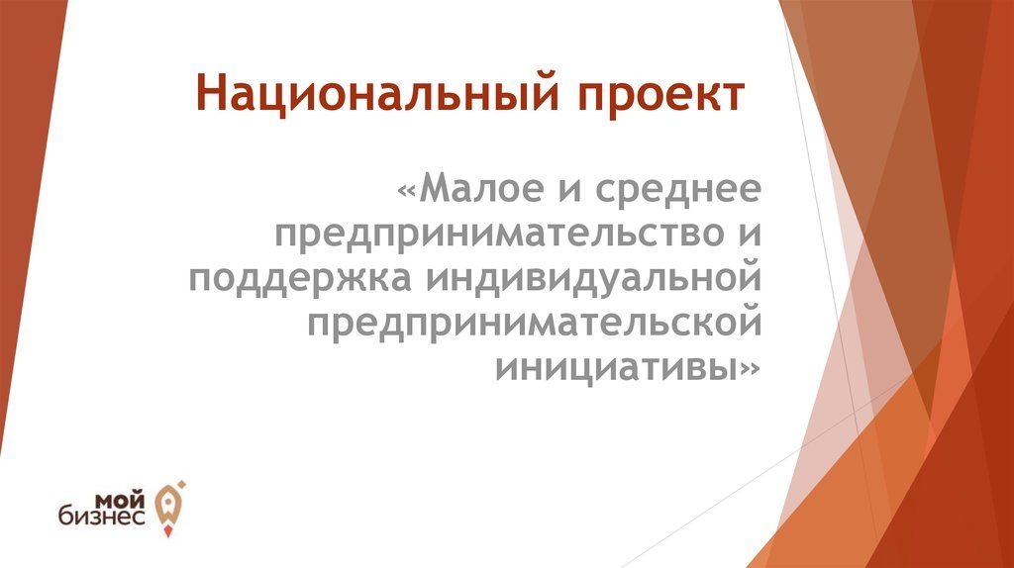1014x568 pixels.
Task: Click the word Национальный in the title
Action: pyautogui.click(x=377, y=94)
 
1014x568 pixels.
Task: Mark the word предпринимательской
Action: pyautogui.click(x=534, y=325)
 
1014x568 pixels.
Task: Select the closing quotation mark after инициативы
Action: pyautogui.click(x=752, y=370)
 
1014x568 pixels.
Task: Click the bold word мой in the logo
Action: pyautogui.click(x=121, y=500)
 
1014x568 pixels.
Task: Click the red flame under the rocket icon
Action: pyautogui.click(x=168, y=531)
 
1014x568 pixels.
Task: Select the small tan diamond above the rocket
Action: pyautogui.click(x=182, y=483)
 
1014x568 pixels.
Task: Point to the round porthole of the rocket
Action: pyautogui.click(x=167, y=501)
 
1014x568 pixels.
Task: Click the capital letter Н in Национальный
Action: pyautogui.click(x=212, y=94)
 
